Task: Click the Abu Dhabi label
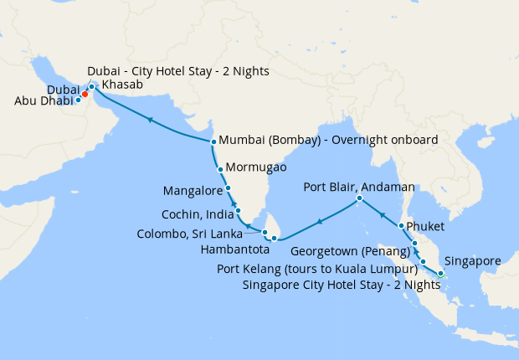44,101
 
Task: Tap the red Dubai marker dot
85,94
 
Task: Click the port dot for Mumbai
213,141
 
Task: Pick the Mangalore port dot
229,188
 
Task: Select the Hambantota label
230,249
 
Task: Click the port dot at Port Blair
359,198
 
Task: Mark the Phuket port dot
402,226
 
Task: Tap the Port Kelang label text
316,269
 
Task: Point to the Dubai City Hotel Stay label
178,71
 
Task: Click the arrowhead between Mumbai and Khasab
150,121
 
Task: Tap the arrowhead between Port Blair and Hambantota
318,222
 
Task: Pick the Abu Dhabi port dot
78,100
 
